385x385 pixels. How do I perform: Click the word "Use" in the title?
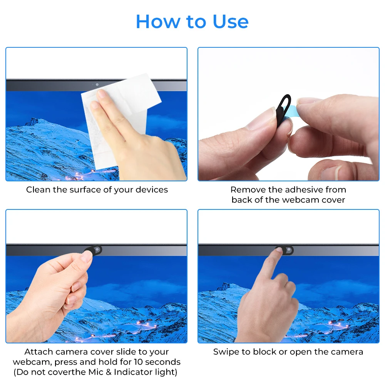tap(230, 22)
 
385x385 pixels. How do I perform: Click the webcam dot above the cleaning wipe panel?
tap(97, 84)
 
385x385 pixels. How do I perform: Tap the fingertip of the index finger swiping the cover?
tap(279, 250)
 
